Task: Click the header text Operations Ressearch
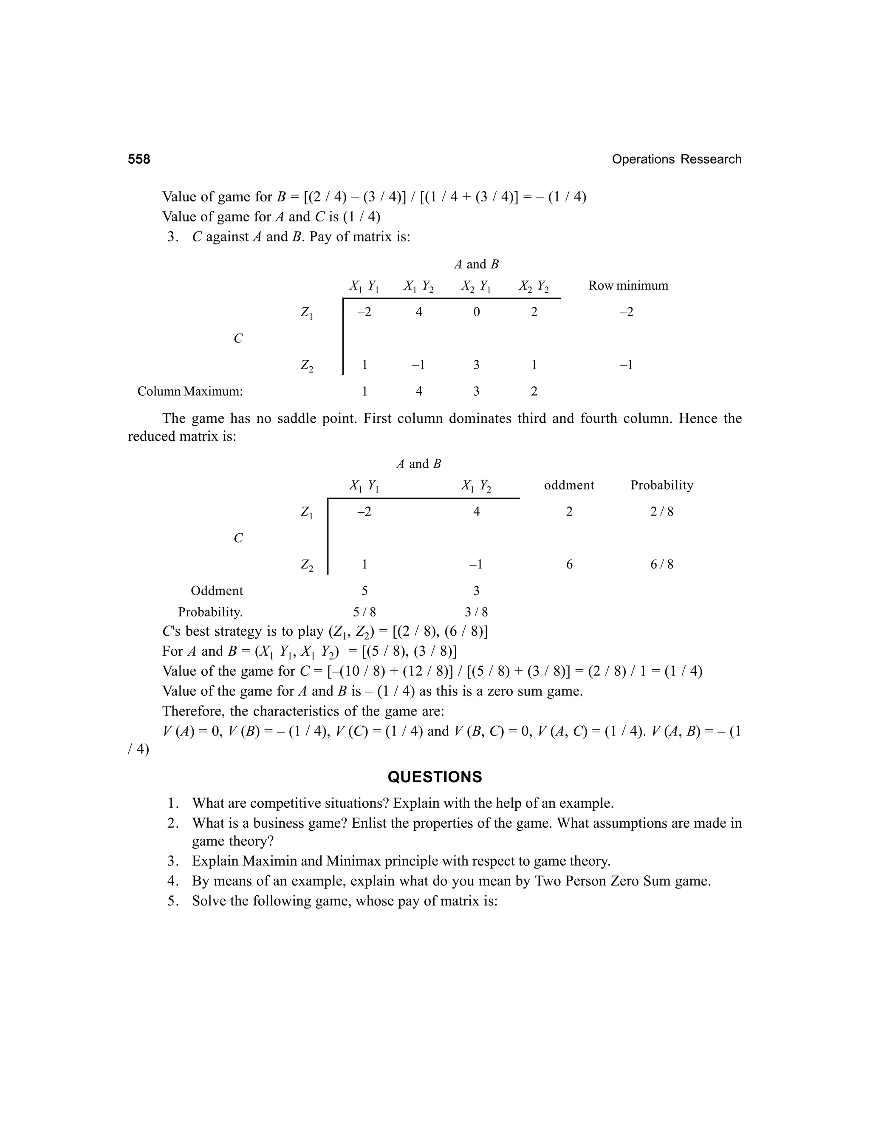[x=676, y=159]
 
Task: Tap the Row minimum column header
[x=628, y=286]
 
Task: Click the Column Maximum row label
[x=189, y=391]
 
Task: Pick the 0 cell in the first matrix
[x=476, y=312]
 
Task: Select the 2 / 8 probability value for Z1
[x=662, y=512]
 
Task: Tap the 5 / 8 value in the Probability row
[x=364, y=612]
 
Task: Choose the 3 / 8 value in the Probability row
[x=476, y=612]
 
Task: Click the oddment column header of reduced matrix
[x=569, y=485]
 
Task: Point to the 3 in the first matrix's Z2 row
[x=476, y=365]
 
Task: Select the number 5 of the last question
[x=172, y=901]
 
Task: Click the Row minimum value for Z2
[x=626, y=365]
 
